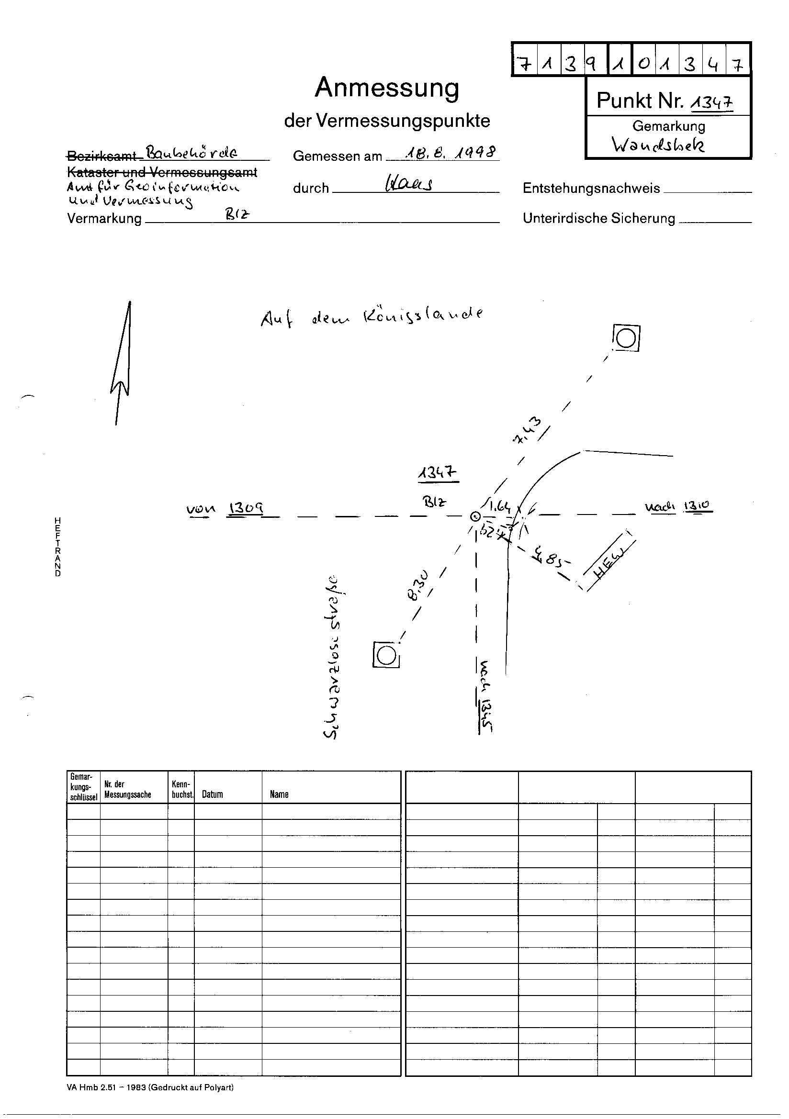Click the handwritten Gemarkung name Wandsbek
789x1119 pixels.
tap(658, 144)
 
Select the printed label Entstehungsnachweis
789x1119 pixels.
tap(591, 188)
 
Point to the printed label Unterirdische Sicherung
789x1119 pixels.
tap(598, 218)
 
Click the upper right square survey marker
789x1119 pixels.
tap(626, 338)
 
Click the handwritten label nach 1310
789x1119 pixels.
tap(679, 506)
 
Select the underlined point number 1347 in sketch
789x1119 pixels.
tap(438, 473)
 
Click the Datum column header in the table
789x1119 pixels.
tap(212, 794)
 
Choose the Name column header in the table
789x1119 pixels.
tap(279, 794)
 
